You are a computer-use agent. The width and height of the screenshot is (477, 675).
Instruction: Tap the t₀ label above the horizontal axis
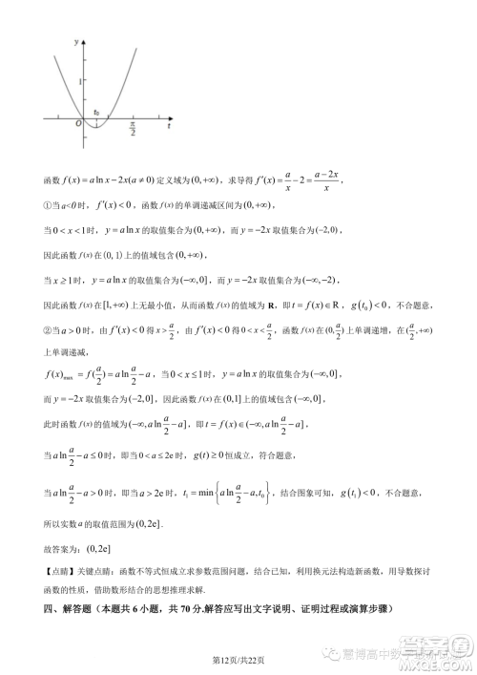click(x=95, y=113)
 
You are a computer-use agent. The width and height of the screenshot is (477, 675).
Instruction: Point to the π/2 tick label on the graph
click(x=134, y=128)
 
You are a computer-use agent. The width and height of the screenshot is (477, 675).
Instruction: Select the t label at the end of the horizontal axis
click(x=169, y=124)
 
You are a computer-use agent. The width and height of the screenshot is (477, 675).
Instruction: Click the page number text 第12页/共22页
click(x=238, y=659)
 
